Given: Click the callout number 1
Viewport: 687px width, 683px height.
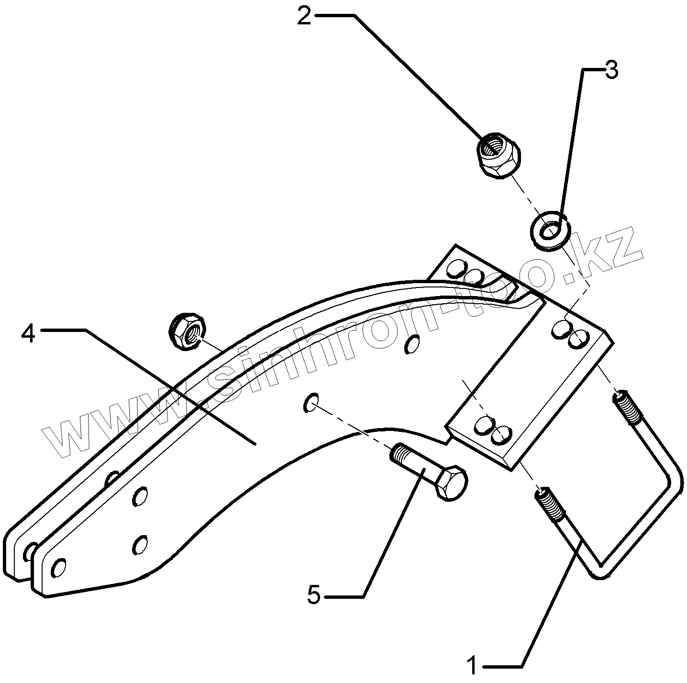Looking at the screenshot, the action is (472, 665).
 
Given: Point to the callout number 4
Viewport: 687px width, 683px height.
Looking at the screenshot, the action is (29, 333).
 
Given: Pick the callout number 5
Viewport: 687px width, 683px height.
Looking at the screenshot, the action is (313, 596).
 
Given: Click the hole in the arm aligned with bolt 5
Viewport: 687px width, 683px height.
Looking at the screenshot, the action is (310, 403).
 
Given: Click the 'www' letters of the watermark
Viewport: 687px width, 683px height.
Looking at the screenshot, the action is (115, 421).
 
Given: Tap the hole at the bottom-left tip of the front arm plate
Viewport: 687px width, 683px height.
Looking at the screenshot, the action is (58, 568).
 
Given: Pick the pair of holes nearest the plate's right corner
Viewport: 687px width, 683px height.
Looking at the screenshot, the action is (570, 334).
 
